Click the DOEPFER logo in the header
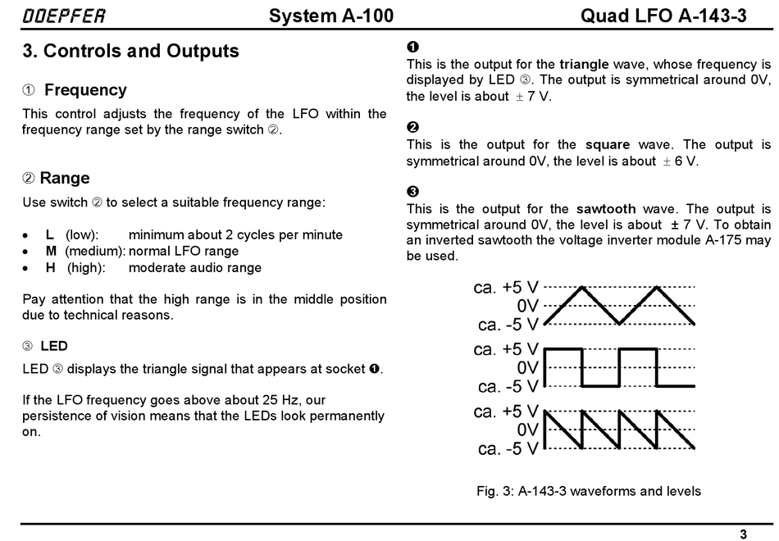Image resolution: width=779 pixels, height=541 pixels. [64, 16]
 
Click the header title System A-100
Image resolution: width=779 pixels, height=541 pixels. [331, 16]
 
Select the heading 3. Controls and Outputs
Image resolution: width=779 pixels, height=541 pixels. [131, 51]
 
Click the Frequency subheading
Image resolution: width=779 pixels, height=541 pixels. [85, 90]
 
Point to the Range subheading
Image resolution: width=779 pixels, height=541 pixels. [65, 178]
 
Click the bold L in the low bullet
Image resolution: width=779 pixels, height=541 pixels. [50, 235]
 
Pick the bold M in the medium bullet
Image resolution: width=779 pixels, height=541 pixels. [51, 252]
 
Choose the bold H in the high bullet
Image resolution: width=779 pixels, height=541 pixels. [51, 268]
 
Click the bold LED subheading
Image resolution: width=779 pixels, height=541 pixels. [54, 346]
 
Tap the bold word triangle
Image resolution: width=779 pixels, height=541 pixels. [584, 64]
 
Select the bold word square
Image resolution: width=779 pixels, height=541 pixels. [608, 145]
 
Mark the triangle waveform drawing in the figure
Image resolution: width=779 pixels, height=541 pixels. [620, 305]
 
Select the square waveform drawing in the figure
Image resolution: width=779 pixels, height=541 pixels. [620, 367]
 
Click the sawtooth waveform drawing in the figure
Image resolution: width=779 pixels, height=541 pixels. [620, 430]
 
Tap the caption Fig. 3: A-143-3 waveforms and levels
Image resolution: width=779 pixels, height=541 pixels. [589, 492]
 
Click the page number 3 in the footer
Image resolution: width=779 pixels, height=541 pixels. [743, 534]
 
